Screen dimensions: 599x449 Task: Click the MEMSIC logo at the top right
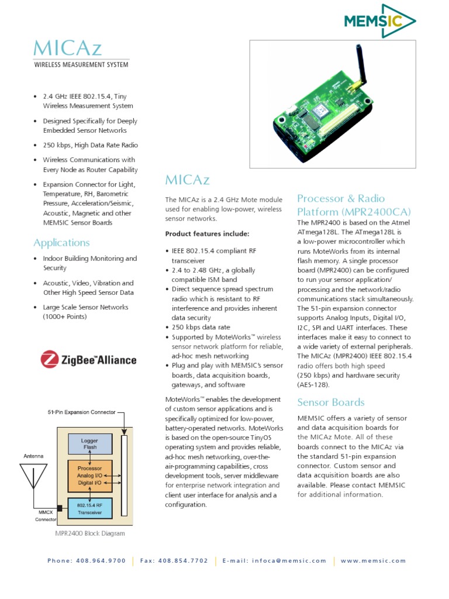tap(379, 22)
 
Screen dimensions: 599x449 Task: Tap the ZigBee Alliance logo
tap(88, 359)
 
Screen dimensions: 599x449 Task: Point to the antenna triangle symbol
tap(33, 477)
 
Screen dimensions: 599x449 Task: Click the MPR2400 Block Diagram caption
tap(89, 533)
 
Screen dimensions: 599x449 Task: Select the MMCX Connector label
tap(44, 514)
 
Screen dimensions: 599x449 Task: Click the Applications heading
tap(61, 242)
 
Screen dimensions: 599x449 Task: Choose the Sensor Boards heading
tap(330, 402)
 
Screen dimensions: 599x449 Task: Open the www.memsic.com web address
tap(373, 560)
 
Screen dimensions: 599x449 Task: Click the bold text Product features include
tap(207, 233)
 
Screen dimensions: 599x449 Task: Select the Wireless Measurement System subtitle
tap(81, 64)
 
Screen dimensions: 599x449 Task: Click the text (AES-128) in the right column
tap(313, 384)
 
